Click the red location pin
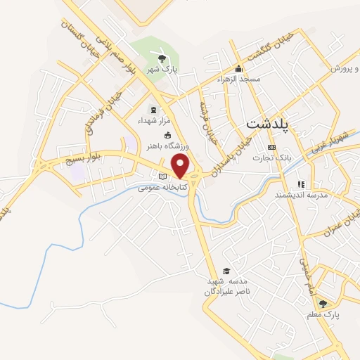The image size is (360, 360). (x=181, y=166)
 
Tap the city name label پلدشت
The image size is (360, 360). (x=272, y=124)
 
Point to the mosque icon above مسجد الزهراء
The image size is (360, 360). (x=239, y=69)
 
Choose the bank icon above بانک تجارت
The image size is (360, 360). (x=272, y=147)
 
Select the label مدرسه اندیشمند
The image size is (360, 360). (x=302, y=193)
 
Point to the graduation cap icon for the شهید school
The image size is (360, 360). (x=226, y=271)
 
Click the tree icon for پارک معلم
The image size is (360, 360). (x=323, y=304)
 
